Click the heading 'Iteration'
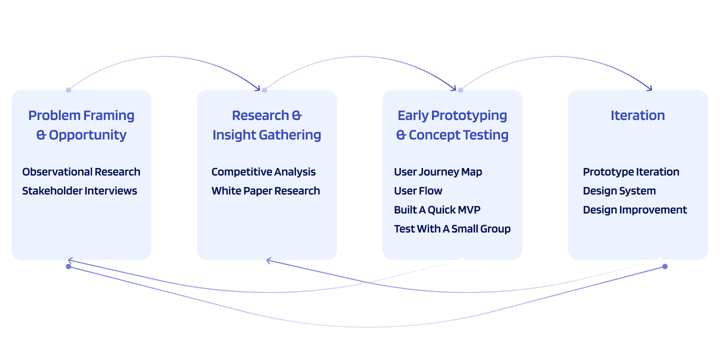pyautogui.click(x=637, y=115)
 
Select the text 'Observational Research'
pyautogui.click(x=81, y=172)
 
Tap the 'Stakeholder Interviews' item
pyautogui.click(x=79, y=191)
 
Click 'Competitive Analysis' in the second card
pyautogui.click(x=263, y=172)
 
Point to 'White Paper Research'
pyautogui.click(x=265, y=191)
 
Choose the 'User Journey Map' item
pyautogui.click(x=438, y=172)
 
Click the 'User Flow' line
pyautogui.click(x=418, y=191)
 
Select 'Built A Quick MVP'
pyautogui.click(x=437, y=210)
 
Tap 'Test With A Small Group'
pyautogui.click(x=452, y=229)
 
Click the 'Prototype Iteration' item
pyautogui.click(x=631, y=172)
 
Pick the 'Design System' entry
pyautogui.click(x=619, y=191)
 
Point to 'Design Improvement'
pyautogui.click(x=635, y=210)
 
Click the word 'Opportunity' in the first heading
pyautogui.click(x=87, y=135)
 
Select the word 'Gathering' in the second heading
pyautogui.click(x=292, y=135)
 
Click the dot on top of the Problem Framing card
pyautogui.click(x=68, y=90)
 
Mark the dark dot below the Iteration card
pyautogui.click(x=664, y=266)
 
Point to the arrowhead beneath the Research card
pyautogui.click(x=269, y=260)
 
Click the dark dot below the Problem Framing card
pyautogui.click(x=68, y=266)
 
